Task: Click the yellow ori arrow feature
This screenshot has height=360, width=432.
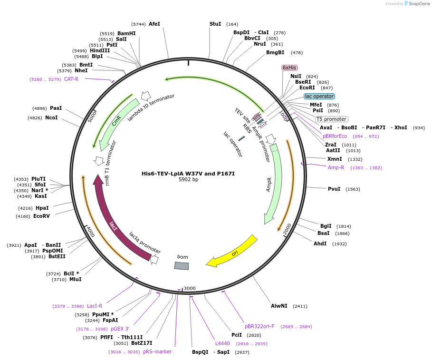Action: pyautogui.click(x=233, y=252)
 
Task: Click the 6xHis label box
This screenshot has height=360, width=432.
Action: pyautogui.click(x=289, y=68)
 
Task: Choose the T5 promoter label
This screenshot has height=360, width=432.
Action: pyautogui.click(x=332, y=119)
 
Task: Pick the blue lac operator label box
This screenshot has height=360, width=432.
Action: pyautogui.click(x=319, y=96)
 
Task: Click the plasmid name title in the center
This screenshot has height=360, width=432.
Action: pyautogui.click(x=188, y=174)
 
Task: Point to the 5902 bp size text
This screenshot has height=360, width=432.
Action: pyautogui.click(x=188, y=180)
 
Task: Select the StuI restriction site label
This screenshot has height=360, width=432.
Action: pyautogui.click(x=215, y=24)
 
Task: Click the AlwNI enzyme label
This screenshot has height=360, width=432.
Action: pyautogui.click(x=279, y=306)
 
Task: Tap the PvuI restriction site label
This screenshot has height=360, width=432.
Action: pyautogui.click(x=334, y=189)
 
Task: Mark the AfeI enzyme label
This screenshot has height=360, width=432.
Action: pyautogui.click(x=154, y=24)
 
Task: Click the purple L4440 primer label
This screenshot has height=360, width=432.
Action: pyautogui.click(x=222, y=343)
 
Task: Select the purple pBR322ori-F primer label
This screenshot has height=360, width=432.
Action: pyautogui.click(x=259, y=326)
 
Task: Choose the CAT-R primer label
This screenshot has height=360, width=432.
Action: pyautogui.click(x=71, y=79)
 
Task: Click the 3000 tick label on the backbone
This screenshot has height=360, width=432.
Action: pyautogui.click(x=190, y=288)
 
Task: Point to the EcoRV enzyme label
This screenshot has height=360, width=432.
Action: pyautogui.click(x=41, y=216)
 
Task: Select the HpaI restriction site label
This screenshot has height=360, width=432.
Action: pyautogui.click(x=42, y=208)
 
